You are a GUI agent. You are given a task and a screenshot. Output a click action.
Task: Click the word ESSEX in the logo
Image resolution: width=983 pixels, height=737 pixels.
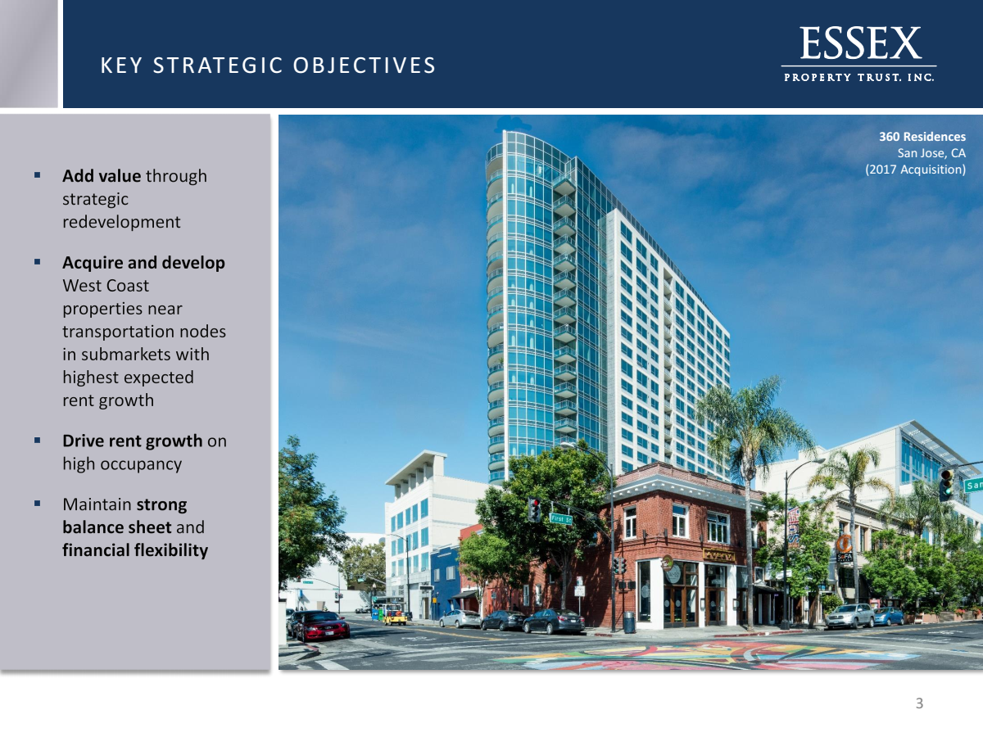[860, 44]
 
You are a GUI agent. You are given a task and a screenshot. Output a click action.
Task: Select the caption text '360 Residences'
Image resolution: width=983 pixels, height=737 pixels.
[922, 137]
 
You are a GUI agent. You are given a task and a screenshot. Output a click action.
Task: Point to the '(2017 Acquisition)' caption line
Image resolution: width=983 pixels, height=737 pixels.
[916, 170]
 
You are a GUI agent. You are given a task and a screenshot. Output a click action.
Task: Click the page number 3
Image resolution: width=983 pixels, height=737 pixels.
[919, 703]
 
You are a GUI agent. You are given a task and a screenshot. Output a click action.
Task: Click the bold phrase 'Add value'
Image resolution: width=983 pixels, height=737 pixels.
[102, 176]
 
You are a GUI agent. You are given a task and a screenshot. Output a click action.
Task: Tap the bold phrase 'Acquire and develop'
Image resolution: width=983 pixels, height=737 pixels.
[143, 263]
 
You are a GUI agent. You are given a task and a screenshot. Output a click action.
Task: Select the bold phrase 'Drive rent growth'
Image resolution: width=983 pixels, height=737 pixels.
[132, 441]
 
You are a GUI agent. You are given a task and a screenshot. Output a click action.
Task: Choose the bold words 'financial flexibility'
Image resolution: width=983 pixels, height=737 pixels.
[135, 550]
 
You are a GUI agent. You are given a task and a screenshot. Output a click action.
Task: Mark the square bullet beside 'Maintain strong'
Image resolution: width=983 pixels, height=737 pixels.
[38, 504]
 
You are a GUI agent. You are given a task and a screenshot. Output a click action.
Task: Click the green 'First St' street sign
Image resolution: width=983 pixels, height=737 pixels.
[561, 518]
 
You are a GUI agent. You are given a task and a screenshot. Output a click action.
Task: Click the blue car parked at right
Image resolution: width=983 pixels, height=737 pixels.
[888, 616]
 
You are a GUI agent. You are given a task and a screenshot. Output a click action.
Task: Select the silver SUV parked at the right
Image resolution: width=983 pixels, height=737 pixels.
[849, 616]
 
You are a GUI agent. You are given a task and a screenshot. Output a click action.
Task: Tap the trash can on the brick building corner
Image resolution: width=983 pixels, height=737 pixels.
[628, 622]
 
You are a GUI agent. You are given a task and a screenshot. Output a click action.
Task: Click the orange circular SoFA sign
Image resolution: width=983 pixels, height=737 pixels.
[843, 544]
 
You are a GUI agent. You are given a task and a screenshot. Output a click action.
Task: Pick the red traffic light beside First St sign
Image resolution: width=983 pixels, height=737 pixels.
[534, 509]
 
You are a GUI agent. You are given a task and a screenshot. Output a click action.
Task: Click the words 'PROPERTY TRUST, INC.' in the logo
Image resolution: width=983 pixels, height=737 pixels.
[859, 78]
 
